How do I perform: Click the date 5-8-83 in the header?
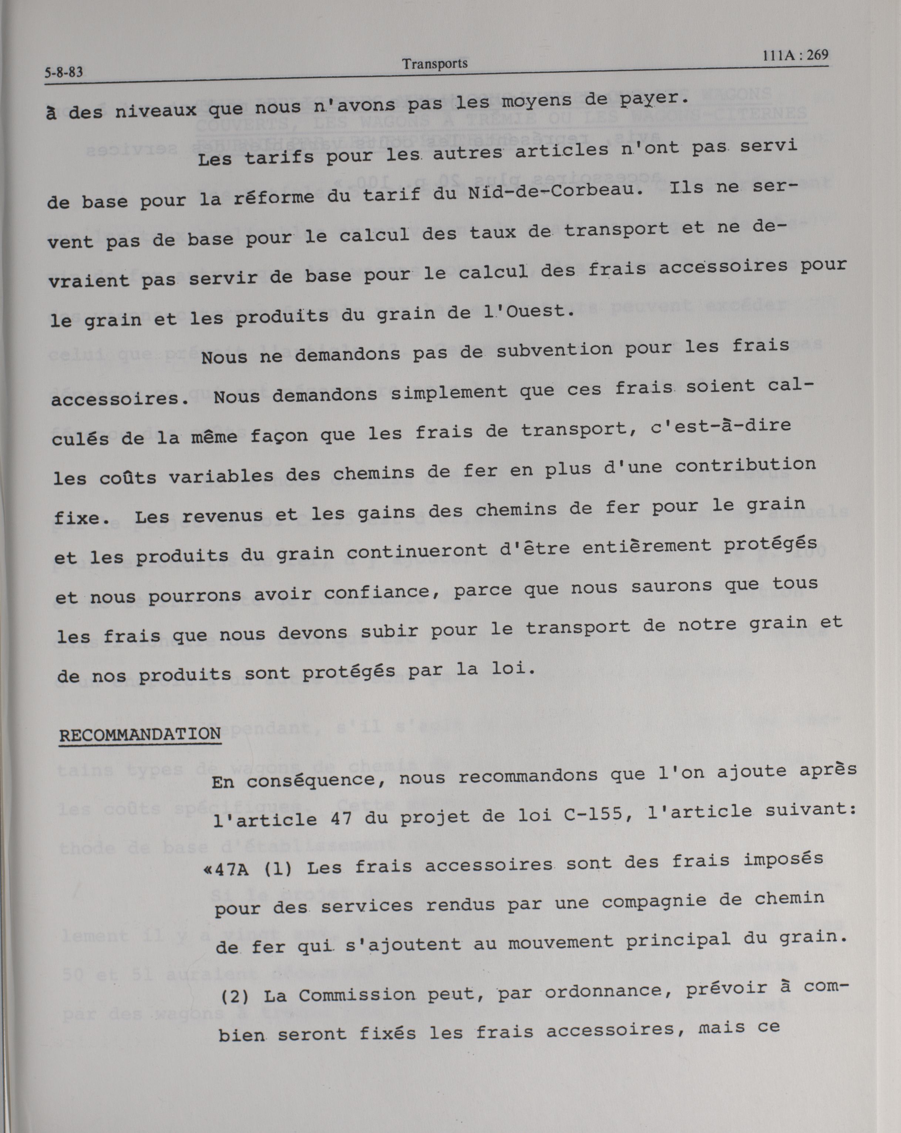click(x=64, y=73)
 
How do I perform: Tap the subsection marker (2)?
click(x=233, y=996)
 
